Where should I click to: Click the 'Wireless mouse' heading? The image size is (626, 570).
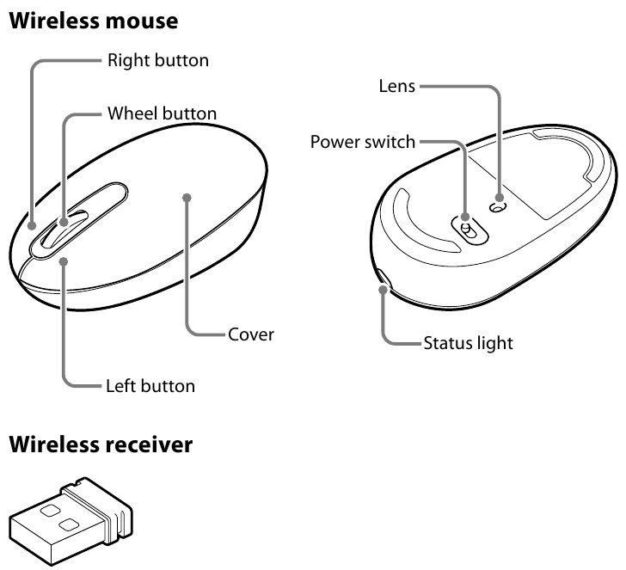[93, 21]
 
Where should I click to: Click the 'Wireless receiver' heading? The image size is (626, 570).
[100, 444]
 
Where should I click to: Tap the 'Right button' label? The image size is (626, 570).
[157, 61]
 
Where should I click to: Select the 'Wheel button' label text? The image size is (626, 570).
[162, 113]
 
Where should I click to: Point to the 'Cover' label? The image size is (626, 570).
[250, 334]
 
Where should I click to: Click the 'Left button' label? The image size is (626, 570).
[150, 385]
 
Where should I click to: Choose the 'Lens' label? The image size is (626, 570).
[397, 86]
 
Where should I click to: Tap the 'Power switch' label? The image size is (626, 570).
[363, 141]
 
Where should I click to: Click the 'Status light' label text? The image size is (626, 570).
[468, 344]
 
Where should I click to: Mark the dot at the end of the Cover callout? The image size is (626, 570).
[187, 198]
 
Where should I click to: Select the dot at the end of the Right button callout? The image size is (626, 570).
[31, 228]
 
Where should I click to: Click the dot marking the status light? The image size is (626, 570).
[381, 290]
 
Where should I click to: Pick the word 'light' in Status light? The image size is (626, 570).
[494, 344]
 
